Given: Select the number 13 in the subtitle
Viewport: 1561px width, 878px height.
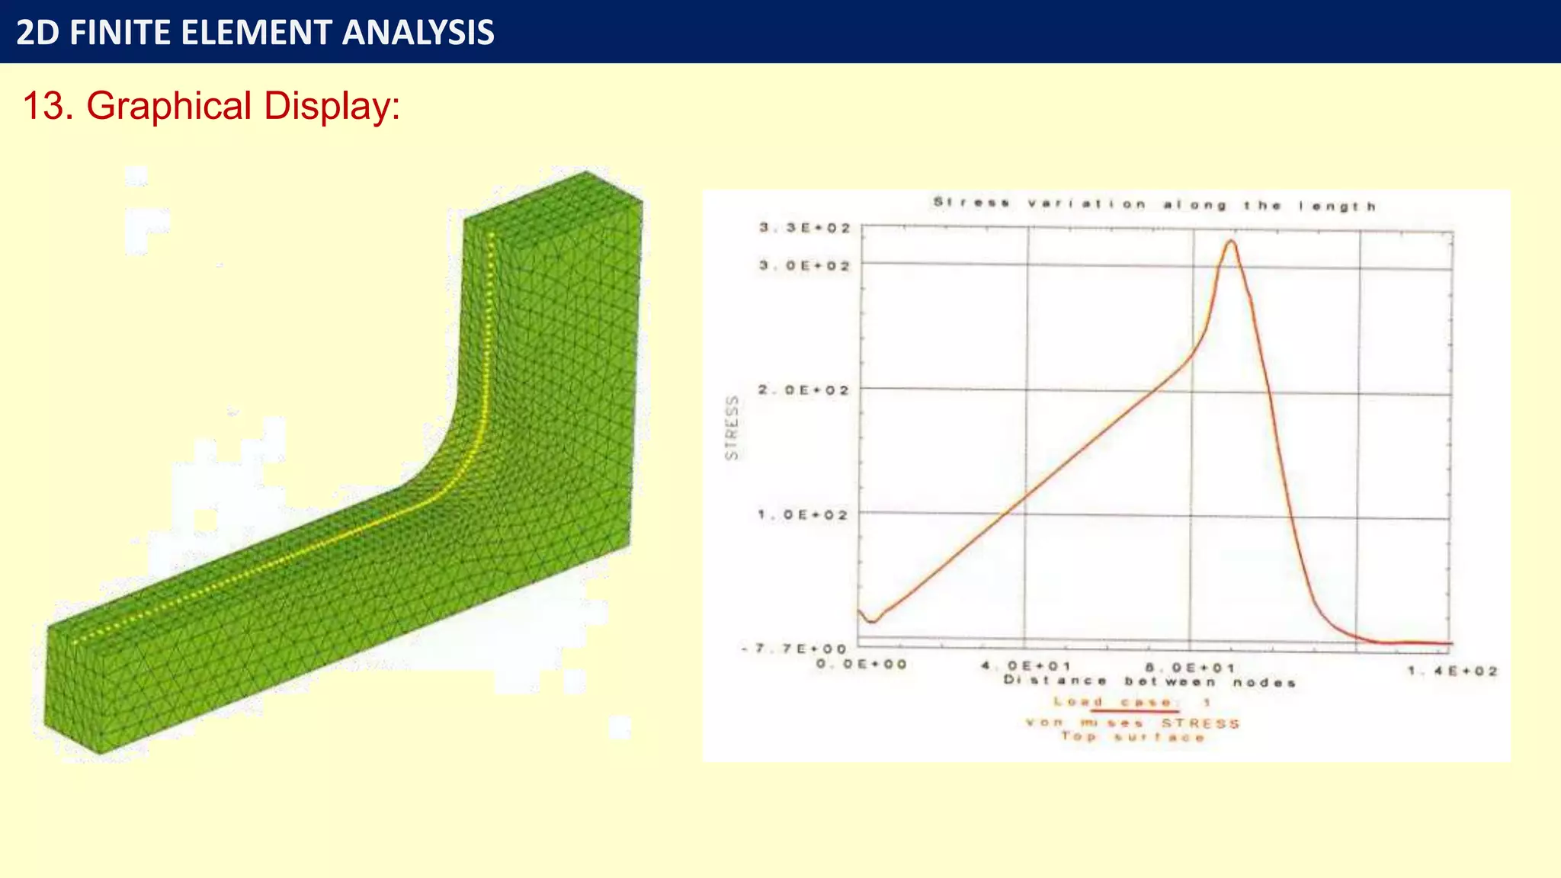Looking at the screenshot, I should [43, 106].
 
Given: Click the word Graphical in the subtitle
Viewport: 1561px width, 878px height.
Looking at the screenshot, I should [169, 106].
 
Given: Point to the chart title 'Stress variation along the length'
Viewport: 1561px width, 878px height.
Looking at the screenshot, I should [1154, 204].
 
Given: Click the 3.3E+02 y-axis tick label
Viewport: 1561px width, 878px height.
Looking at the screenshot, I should [804, 228].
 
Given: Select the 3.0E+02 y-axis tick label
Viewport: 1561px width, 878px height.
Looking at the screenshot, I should [804, 265].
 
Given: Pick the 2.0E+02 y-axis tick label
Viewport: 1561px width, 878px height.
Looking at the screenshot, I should [803, 389].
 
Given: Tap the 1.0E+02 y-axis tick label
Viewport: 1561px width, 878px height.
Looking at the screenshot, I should [803, 514].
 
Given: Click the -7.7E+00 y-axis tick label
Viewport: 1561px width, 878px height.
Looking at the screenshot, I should [793, 649].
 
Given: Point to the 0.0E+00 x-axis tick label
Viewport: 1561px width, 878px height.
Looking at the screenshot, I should [861, 664].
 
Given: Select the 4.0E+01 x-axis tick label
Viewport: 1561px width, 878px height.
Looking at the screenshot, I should [1026, 666].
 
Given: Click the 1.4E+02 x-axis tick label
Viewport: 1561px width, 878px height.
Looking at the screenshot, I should [1453, 671].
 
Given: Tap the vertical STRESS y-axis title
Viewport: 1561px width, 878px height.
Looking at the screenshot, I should [732, 428].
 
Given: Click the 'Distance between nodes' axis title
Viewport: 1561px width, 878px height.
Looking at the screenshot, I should [1149, 681].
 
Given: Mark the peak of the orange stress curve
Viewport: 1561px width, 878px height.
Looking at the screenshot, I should [1230, 242].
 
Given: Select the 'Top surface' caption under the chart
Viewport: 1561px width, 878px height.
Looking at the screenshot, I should [1133, 737].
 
